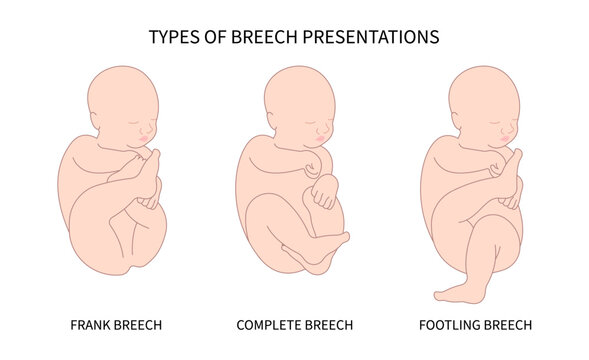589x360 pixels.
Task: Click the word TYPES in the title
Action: coord(171,39)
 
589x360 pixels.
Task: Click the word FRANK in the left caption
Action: coord(92,325)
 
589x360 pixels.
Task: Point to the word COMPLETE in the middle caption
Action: coord(268,325)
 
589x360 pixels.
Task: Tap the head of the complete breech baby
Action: coord(294,101)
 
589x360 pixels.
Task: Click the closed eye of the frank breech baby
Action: coord(138,116)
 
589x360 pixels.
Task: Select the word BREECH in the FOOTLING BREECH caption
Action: coord(509,325)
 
